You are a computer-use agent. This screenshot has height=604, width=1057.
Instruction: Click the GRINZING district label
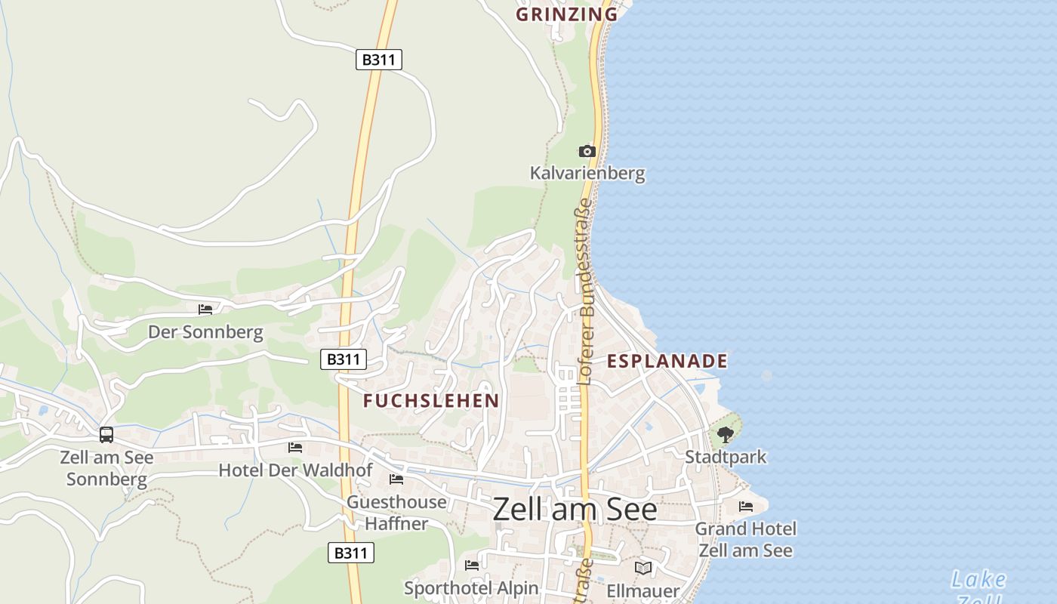pos(567,14)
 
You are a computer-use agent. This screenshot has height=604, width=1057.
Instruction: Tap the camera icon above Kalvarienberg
pos(587,152)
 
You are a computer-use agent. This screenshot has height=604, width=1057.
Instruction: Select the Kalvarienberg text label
pos(587,174)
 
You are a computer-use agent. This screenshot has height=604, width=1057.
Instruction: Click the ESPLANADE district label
pos(667,361)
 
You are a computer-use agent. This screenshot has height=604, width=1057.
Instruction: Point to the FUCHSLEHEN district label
pos(431,401)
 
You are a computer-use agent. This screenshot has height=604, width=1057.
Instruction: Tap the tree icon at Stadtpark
pos(725,435)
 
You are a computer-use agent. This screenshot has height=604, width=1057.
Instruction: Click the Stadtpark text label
pos(725,457)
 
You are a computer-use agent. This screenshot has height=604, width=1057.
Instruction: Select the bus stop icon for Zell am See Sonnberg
pos(106,435)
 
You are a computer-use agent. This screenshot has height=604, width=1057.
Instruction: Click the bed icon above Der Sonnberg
pos(205,310)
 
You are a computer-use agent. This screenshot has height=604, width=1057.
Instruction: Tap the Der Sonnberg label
pos(205,332)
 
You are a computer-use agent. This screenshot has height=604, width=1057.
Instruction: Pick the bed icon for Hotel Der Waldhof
pos(295,448)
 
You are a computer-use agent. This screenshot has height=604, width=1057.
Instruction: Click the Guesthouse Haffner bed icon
pos(396,479)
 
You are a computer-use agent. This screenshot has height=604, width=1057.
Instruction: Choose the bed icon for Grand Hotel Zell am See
pos(746,507)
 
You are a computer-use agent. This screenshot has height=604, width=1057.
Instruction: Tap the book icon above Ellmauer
pos(643,568)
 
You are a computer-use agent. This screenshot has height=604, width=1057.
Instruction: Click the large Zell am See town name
pos(575,510)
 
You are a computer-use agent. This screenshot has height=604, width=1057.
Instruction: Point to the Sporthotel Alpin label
pos(471,588)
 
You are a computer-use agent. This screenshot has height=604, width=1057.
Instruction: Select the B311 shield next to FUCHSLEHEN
pos(344,359)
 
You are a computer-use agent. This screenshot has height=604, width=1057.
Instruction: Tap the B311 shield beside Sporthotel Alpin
pos(351,553)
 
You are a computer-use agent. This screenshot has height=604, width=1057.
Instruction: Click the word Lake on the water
pos(978,580)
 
